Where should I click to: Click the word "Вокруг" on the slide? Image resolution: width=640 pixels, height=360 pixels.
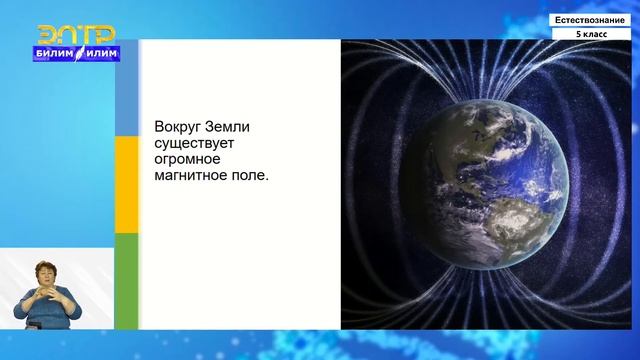[178, 129]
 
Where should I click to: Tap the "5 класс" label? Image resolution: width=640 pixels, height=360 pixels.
[589, 34]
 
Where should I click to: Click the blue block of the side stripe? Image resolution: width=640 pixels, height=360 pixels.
[127, 88]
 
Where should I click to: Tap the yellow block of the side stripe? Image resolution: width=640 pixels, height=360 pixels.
[127, 184]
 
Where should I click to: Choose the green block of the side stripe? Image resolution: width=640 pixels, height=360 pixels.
[127, 280]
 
